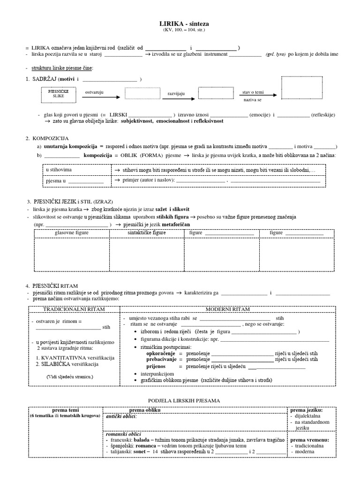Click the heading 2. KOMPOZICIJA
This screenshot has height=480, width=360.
point(48,139)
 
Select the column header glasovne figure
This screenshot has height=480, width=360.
point(72,232)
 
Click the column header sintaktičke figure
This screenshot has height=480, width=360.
point(147,232)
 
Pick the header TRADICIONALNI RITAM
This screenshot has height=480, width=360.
point(74,309)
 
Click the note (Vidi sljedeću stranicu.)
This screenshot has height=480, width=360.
point(69,376)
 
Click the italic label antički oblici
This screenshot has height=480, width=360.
point(121,416)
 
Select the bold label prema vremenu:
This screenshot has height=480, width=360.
point(309,440)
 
